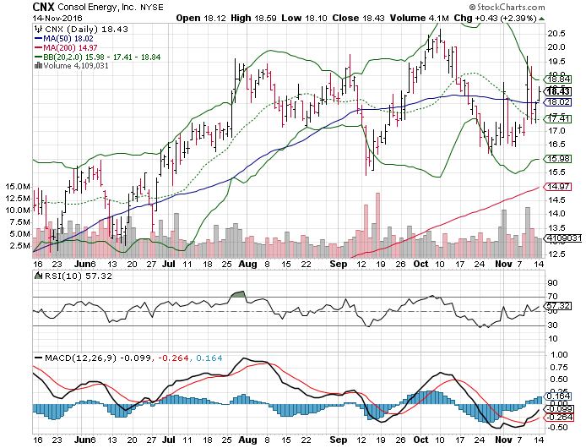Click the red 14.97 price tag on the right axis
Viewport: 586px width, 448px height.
tap(554, 186)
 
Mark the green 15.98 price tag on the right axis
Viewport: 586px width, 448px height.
tap(554, 158)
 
